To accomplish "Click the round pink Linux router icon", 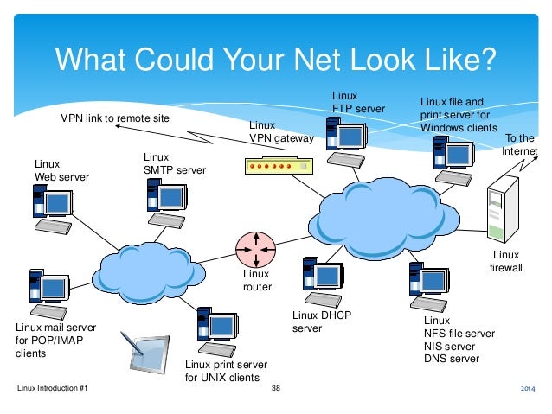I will (256, 251).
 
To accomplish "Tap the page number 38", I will (276, 391).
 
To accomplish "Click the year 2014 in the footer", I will (528, 392).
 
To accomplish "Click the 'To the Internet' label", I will (519, 145).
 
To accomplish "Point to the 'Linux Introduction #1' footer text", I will (53, 391).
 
